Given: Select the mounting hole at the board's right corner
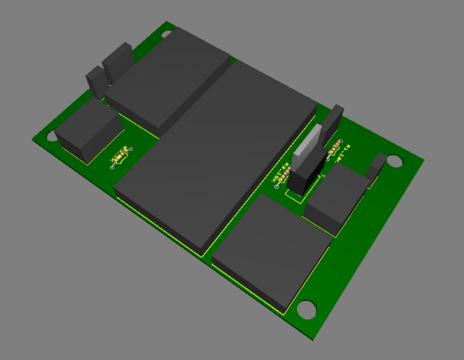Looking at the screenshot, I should [394, 160].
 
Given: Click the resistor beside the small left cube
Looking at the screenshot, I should [120, 158].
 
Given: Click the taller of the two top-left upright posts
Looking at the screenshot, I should [118, 60].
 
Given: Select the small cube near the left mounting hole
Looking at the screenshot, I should [86, 130].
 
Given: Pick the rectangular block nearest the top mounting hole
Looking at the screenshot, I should [170, 80].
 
